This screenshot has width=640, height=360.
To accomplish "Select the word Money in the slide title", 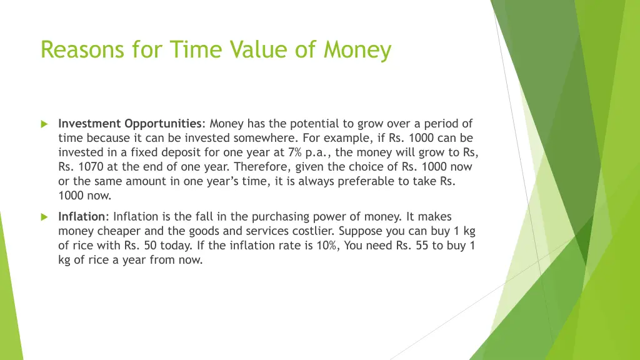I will pos(357,49).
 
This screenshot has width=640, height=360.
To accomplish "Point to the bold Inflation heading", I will pos(82,217).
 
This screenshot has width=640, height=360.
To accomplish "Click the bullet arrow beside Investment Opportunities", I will pos(44,124).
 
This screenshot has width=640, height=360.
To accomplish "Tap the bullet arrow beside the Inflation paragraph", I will pos(44,217).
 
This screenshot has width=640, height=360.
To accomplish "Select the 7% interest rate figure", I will pos(295,152).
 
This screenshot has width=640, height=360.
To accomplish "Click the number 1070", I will pos(87,167).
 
